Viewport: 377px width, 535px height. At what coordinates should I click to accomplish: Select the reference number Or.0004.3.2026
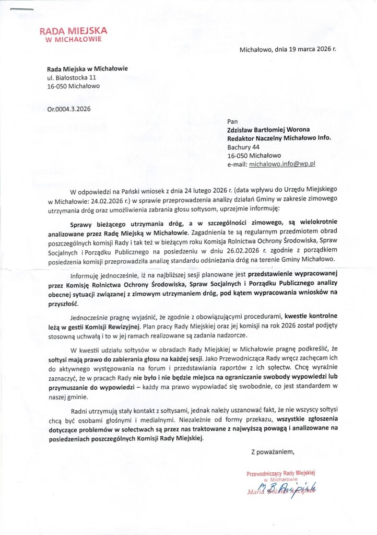click(x=69, y=109)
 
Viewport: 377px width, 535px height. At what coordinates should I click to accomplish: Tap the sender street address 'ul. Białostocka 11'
click(x=72, y=78)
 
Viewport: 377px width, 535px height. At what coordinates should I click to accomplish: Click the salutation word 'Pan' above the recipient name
click(x=232, y=122)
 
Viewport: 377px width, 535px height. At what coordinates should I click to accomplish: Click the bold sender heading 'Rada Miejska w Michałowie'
click(x=87, y=69)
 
